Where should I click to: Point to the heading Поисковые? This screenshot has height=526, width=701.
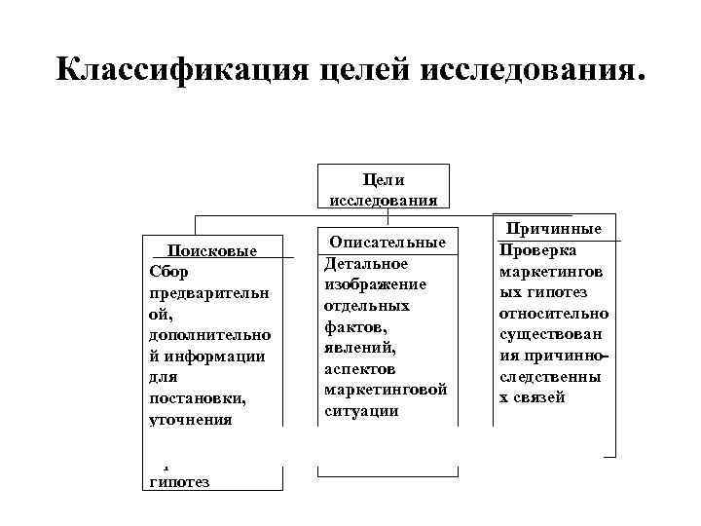(212, 250)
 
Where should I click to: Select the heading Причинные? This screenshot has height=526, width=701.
(553, 230)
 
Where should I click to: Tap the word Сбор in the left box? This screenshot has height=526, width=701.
(167, 271)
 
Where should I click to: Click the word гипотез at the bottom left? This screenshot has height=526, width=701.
(183, 482)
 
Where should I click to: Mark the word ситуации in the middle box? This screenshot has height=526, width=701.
(361, 411)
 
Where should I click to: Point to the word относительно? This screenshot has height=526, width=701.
(553, 314)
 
